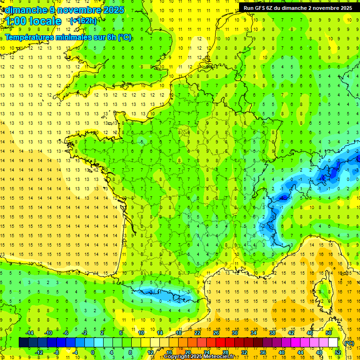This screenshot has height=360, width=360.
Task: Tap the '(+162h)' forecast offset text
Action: (83, 21)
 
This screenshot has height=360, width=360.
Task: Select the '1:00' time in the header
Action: (15, 21)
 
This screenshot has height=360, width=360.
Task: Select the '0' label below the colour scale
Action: (93, 352)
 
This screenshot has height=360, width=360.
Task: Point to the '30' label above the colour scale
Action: (234, 333)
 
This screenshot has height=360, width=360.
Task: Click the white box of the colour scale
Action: (333, 343)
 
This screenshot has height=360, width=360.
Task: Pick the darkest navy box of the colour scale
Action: (23, 343)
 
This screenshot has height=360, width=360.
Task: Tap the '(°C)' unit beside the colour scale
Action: (349, 343)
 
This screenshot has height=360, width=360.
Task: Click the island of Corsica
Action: (322, 291)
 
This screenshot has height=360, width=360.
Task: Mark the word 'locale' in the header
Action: (45, 21)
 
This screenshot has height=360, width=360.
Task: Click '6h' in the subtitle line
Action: (111, 37)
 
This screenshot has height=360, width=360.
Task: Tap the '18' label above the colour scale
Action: (178, 333)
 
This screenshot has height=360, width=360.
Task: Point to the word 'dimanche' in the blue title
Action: (25, 10)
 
